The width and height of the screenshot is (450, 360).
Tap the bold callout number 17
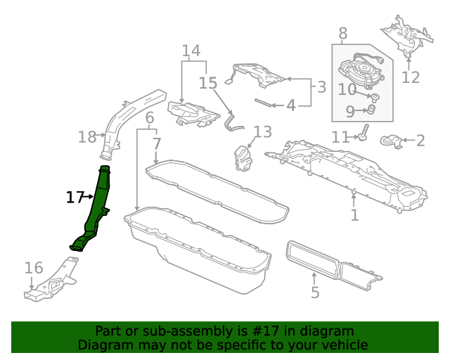(x=75, y=198)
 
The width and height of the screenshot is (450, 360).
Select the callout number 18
(x=87, y=137)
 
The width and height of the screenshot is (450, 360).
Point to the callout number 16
(x=34, y=268)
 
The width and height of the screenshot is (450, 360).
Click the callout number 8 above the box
(x=343, y=33)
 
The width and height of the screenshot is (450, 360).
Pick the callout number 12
(x=411, y=77)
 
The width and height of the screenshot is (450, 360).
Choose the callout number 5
(x=315, y=292)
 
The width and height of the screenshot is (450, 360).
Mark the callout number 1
(x=355, y=214)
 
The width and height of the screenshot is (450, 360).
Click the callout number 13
(x=263, y=132)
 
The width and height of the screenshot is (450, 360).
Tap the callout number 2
(x=420, y=141)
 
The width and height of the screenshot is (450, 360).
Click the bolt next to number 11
(x=364, y=132)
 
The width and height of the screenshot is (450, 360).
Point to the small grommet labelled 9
(x=372, y=110)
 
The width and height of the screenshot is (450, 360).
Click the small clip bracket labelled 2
(x=391, y=141)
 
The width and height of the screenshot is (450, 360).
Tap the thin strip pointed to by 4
(x=263, y=103)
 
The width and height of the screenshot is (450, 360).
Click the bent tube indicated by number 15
(x=233, y=123)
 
